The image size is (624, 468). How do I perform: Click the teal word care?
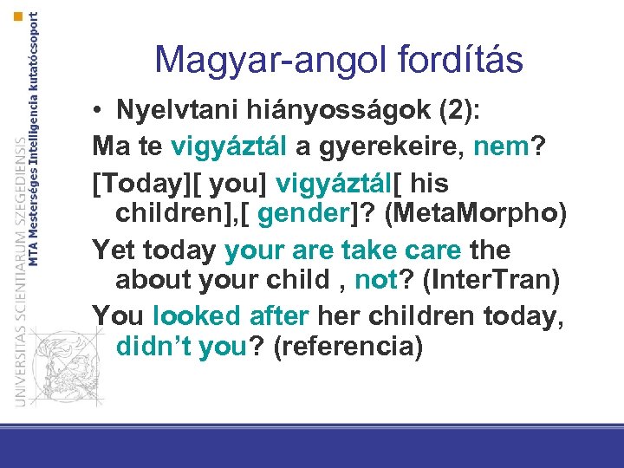[x=430, y=250]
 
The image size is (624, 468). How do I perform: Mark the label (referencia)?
[x=348, y=348]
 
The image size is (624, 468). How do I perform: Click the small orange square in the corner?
[x=19, y=16]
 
